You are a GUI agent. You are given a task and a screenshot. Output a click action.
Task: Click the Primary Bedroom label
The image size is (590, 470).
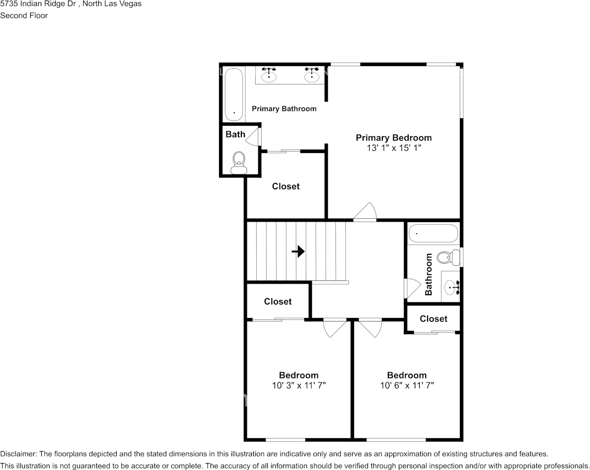point(393,138)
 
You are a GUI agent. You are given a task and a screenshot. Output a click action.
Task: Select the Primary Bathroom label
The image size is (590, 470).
point(284,109)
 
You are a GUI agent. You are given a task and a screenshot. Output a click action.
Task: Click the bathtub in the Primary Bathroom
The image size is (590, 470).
point(233,94)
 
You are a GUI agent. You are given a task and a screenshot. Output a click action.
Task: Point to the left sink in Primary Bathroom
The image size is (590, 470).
point(269,75)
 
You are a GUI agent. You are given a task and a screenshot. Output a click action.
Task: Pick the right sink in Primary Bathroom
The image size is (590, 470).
point(312,75)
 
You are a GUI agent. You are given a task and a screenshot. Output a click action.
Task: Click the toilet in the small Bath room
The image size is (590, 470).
point(239,162)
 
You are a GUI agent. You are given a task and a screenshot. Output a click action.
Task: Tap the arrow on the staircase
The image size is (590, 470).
point(298,252)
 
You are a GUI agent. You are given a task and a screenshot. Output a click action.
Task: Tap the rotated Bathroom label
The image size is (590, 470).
point(429,274)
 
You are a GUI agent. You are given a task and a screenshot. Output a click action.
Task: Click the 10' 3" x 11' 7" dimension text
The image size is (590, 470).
point(298,386)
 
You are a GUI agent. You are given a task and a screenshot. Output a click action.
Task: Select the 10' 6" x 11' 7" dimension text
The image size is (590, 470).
point(407,386)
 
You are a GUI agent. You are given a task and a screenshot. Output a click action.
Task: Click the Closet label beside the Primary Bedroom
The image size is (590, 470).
point(286,186)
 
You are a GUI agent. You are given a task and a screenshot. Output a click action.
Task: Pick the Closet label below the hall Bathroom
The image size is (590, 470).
point(433,319)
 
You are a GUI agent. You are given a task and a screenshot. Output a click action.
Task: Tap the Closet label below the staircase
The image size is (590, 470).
point(278,302)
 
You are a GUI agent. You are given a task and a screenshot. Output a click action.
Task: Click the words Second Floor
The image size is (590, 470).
point(24,15)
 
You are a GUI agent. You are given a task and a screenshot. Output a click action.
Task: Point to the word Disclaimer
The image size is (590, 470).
point(18,454)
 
